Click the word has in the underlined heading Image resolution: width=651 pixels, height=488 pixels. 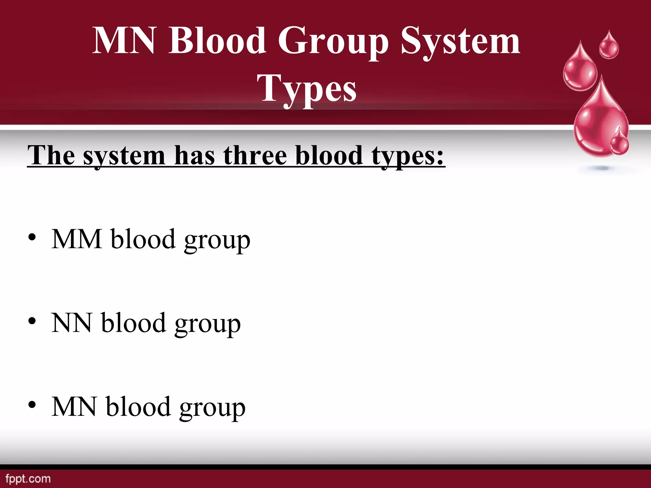[x=195, y=156]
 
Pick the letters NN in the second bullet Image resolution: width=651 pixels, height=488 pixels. [x=72, y=323]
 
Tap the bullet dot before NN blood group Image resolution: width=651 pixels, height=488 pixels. [x=32, y=322]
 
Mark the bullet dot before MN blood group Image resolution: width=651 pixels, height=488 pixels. [x=32, y=405]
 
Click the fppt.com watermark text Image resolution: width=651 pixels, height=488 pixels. [x=28, y=478]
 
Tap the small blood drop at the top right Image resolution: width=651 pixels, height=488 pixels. [x=609, y=46]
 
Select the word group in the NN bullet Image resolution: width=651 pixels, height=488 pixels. [x=207, y=324]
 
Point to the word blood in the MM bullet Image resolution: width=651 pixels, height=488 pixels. [x=143, y=239]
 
